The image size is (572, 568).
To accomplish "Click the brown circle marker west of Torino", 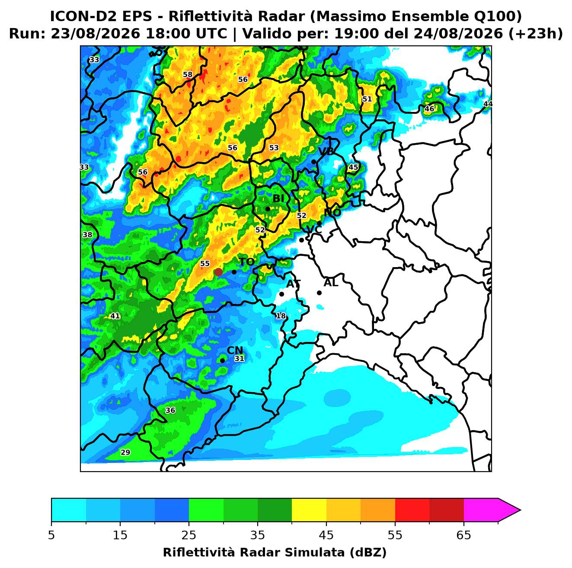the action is (x=218, y=272).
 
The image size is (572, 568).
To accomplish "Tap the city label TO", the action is (x=247, y=262).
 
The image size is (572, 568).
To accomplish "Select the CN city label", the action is (x=235, y=351).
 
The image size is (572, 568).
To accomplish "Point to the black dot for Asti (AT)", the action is (x=281, y=294).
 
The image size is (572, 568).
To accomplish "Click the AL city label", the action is (x=331, y=283).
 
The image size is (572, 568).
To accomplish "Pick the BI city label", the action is (x=278, y=199).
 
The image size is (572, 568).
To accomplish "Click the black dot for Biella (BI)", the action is (x=268, y=209).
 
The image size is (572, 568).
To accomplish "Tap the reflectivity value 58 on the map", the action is (x=188, y=74).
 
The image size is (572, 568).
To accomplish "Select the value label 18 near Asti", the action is (x=281, y=316).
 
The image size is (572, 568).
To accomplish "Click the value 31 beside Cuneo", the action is (x=239, y=358).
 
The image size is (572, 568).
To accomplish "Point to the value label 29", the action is (x=125, y=452).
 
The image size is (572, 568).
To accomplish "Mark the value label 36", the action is (x=170, y=410).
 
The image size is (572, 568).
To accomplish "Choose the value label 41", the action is (x=115, y=316).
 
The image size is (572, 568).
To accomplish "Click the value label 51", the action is (x=367, y=99).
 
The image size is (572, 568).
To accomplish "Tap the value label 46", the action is (x=429, y=109).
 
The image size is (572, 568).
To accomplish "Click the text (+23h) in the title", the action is (x=535, y=34).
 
